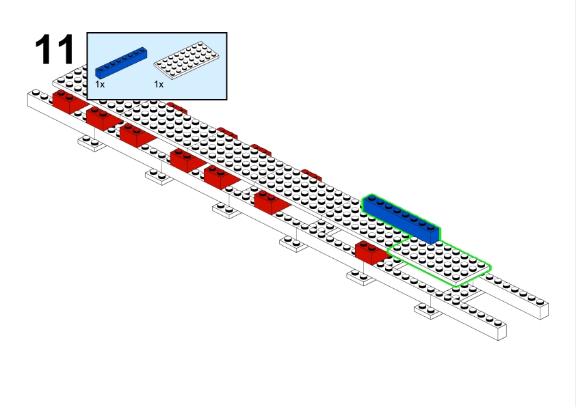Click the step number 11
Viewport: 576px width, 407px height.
pos(54,49)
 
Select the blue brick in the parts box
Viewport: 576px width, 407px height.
pos(121,61)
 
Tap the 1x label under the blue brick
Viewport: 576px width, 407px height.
pos(100,84)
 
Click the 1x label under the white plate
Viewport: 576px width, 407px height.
pos(159,84)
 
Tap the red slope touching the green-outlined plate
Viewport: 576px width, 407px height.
pos(371,252)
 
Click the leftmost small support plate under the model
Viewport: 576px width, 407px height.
pos(90,143)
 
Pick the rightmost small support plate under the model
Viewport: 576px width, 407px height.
pos(429,311)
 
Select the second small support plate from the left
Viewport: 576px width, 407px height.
pos(158,177)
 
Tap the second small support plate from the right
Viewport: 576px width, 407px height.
pos(361,277)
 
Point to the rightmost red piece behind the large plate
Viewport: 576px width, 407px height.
pos(312,174)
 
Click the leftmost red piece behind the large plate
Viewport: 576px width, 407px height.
pos(176,107)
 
